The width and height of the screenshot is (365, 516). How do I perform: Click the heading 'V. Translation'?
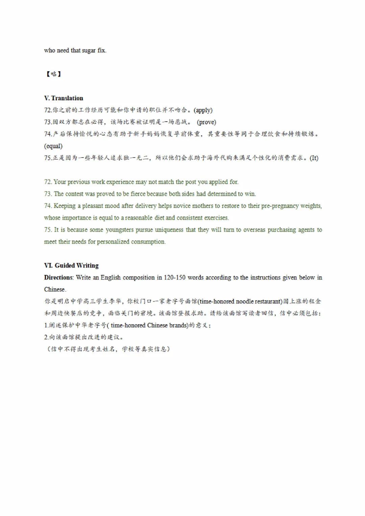click(64, 98)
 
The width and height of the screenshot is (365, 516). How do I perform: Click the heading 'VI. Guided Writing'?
click(71, 265)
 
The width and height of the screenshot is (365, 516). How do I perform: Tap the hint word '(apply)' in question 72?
click(203, 110)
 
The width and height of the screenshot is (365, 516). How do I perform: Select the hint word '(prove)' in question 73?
click(206, 122)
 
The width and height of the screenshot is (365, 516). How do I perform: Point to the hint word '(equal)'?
click(53, 146)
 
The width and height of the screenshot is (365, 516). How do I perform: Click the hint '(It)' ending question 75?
click(314, 158)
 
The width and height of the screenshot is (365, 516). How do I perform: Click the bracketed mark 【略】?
click(53, 74)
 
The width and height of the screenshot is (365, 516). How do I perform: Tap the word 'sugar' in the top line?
click(89, 50)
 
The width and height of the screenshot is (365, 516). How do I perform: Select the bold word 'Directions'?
click(58, 278)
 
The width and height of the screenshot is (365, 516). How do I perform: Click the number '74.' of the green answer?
click(48, 206)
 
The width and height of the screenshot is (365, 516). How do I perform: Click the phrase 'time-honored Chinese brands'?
click(149, 326)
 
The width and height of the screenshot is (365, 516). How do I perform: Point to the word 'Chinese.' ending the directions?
click(55, 289)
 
